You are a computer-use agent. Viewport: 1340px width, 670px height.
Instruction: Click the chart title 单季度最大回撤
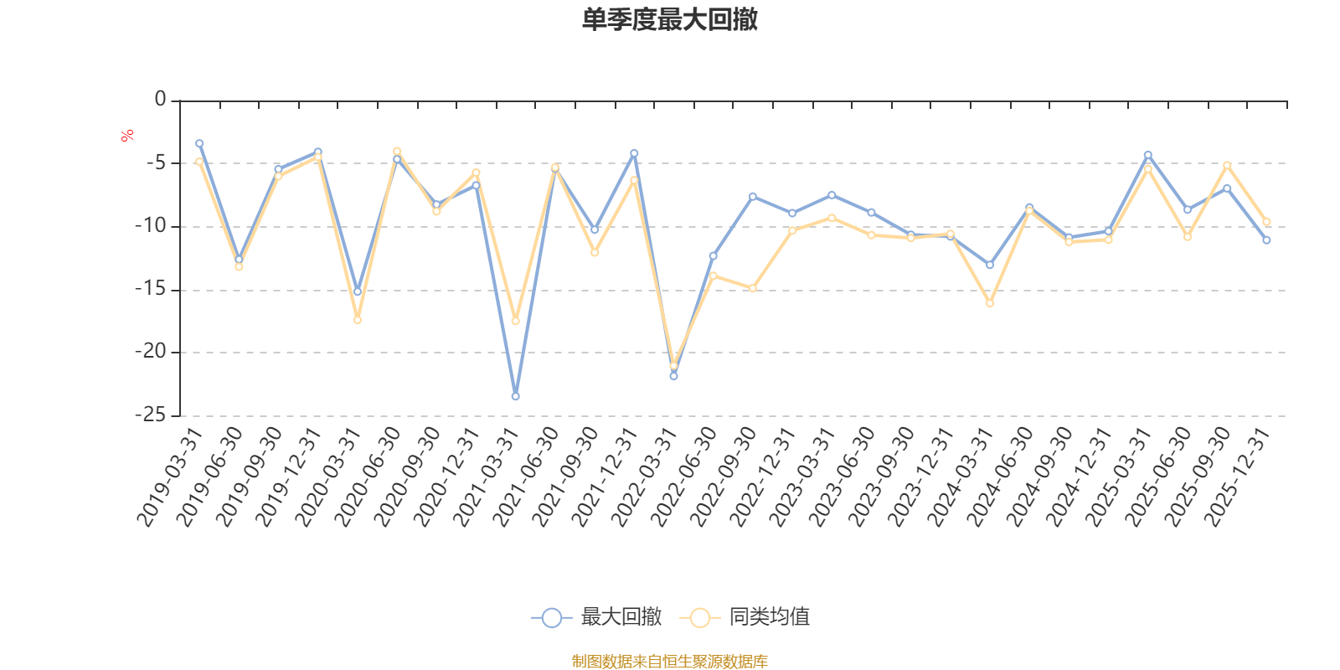(x=669, y=20)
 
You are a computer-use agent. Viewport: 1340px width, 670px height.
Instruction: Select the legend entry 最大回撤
(x=596, y=617)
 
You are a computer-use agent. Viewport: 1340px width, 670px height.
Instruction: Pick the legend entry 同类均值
(x=745, y=617)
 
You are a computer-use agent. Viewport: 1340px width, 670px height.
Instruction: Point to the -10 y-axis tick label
(x=152, y=226)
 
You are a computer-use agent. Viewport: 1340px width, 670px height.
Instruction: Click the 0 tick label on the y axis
(x=160, y=100)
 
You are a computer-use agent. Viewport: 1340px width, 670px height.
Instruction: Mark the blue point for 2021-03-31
(x=515, y=396)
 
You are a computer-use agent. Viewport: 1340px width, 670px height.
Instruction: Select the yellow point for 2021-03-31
(x=515, y=322)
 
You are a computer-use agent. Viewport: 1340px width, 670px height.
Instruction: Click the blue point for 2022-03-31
(x=673, y=376)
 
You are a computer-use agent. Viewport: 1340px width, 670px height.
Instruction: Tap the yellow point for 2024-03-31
(x=990, y=303)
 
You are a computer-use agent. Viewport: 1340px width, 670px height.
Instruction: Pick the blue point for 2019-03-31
(x=199, y=143)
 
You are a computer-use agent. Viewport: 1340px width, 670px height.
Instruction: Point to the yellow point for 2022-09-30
(x=753, y=288)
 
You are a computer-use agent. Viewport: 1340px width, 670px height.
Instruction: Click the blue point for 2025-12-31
(x=1266, y=240)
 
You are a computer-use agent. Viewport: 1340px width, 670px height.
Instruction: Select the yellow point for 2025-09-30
(x=1227, y=165)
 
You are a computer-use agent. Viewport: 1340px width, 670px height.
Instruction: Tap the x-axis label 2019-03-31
(x=171, y=477)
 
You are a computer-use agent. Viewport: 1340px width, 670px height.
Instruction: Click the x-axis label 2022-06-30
(x=684, y=477)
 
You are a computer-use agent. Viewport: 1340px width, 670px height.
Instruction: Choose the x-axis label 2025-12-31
(x=1238, y=477)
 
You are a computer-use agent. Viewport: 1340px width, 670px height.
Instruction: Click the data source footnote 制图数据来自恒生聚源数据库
(x=669, y=662)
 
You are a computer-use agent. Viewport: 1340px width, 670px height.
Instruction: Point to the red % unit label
(x=126, y=136)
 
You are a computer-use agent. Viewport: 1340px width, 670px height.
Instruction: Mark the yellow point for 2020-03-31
(x=358, y=320)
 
